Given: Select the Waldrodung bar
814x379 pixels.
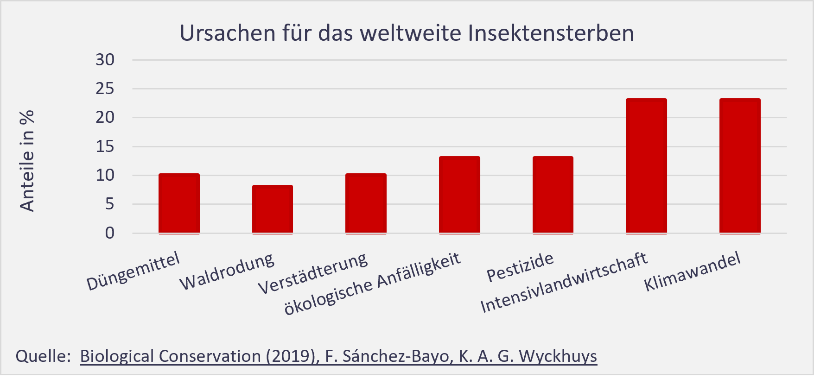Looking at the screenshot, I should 273,209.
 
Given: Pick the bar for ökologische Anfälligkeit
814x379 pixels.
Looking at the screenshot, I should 459,195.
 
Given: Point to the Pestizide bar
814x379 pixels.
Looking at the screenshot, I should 553,195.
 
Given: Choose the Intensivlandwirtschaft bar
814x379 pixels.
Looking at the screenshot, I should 646,165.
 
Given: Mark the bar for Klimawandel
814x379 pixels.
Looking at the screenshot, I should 740,165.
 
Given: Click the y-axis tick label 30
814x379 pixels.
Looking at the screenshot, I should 105,60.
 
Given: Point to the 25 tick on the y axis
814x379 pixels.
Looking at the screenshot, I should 105,88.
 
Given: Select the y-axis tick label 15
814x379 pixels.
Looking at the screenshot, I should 105,146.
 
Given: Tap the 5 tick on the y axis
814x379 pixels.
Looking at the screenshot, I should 109,204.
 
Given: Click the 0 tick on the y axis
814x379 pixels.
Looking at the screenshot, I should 109,233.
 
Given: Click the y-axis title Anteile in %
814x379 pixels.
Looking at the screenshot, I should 27,161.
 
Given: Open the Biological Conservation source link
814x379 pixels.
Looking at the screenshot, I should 338,356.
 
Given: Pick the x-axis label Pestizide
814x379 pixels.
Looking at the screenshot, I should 520,268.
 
